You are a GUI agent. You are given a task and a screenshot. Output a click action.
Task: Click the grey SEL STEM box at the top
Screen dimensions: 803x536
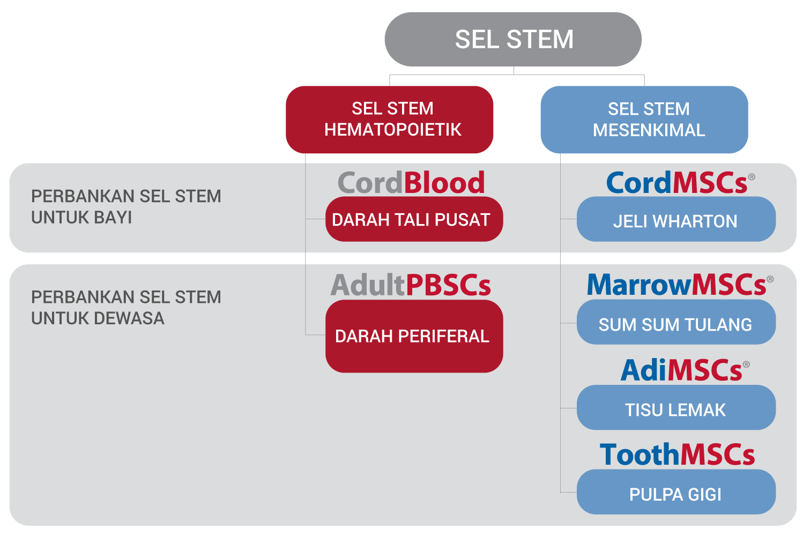[513, 39]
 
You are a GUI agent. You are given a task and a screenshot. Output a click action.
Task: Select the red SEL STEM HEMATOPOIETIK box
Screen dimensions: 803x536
[389, 120]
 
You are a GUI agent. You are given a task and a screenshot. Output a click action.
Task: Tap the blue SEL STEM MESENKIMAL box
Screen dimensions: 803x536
[644, 120]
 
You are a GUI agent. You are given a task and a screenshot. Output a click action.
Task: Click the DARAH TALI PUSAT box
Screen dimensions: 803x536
[414, 219]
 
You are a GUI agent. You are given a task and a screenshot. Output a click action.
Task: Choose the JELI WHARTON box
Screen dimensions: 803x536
[676, 219]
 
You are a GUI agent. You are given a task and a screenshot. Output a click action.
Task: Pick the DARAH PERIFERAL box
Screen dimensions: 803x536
[414, 336]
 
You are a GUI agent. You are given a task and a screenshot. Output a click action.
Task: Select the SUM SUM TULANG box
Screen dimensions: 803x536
[676, 322]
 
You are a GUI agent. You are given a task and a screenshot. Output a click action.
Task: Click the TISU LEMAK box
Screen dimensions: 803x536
[676, 407]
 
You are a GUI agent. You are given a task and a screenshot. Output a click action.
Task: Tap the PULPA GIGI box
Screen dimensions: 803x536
[676, 492]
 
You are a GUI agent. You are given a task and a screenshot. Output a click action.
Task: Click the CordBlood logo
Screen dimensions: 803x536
[411, 182]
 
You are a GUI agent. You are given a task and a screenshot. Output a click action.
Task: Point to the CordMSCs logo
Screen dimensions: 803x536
[680, 182]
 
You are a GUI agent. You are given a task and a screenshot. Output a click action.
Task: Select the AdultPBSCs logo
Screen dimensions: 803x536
[411, 285]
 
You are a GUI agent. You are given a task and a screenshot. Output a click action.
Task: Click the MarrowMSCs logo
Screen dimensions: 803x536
[680, 285]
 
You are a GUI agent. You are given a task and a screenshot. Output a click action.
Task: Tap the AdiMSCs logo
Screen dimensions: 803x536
[685, 370]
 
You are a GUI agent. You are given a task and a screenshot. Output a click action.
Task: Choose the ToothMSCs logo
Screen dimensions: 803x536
[677, 455]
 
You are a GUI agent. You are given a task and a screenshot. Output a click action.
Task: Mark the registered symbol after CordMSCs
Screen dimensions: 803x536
[752, 177]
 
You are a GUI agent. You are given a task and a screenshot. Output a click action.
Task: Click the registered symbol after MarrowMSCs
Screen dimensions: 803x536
[770, 279]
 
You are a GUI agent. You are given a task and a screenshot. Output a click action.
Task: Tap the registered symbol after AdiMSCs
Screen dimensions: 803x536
[746, 364]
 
